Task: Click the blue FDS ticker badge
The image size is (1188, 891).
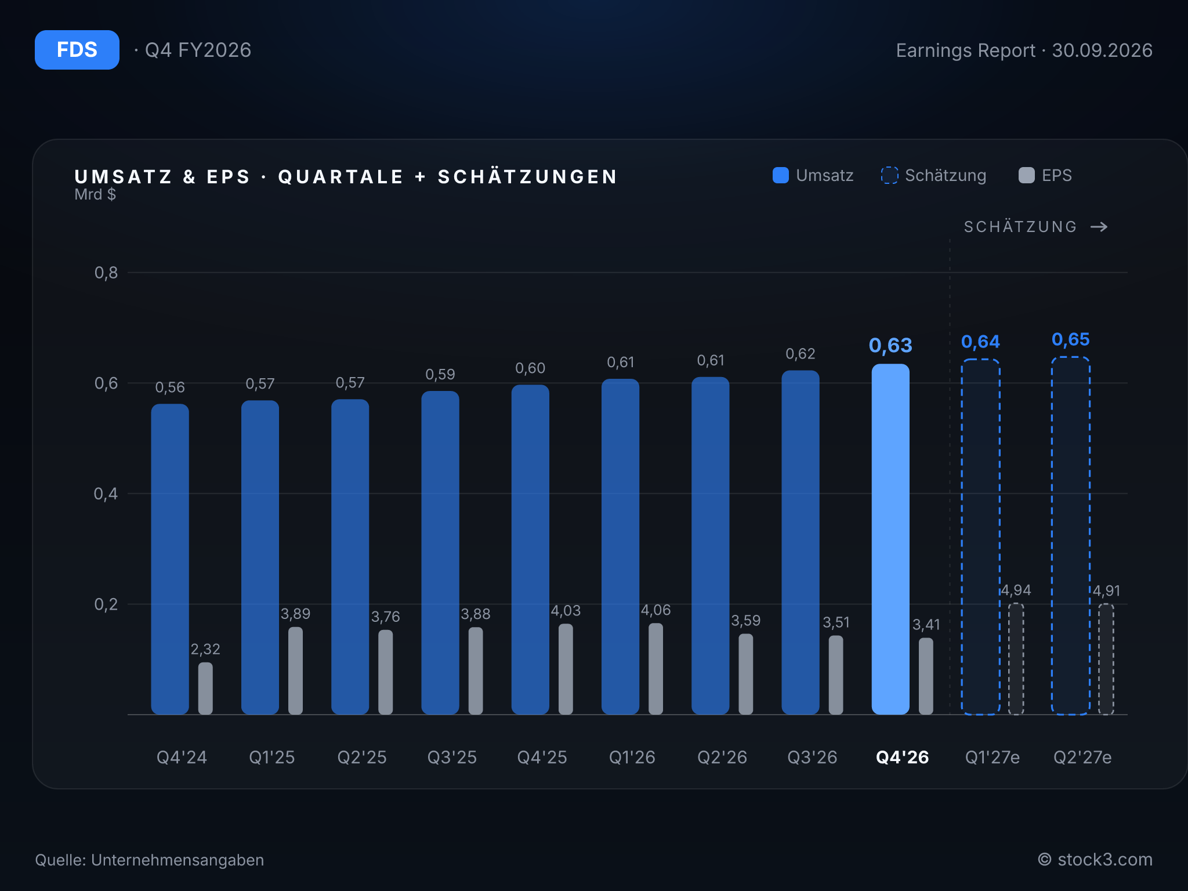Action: point(77,50)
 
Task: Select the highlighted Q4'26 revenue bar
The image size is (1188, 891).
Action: point(890,539)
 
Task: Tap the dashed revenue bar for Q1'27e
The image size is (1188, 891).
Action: point(980,537)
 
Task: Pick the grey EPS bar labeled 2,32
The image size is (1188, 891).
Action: point(205,689)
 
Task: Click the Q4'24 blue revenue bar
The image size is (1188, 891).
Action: point(170,559)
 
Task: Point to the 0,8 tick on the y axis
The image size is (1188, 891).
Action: point(106,273)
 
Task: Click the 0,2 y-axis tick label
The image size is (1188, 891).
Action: point(106,604)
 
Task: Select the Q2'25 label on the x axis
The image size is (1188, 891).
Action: point(362,757)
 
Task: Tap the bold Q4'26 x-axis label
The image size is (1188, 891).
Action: point(903,757)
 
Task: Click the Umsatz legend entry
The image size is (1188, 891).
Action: point(813,175)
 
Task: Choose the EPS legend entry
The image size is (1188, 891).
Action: point(1045,175)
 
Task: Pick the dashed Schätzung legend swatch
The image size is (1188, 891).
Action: point(889,175)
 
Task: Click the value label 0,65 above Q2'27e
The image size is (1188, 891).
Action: point(1071,339)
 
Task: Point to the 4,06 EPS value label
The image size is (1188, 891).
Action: point(655,610)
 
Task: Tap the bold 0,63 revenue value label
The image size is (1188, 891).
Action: point(890,346)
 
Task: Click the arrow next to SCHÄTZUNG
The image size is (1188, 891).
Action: point(1099,227)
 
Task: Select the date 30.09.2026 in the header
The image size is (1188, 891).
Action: point(1102,50)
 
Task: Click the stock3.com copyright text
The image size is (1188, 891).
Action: point(1095,860)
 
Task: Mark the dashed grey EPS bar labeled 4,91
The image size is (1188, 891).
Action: point(1106,660)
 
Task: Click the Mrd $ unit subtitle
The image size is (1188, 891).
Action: point(95,194)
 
